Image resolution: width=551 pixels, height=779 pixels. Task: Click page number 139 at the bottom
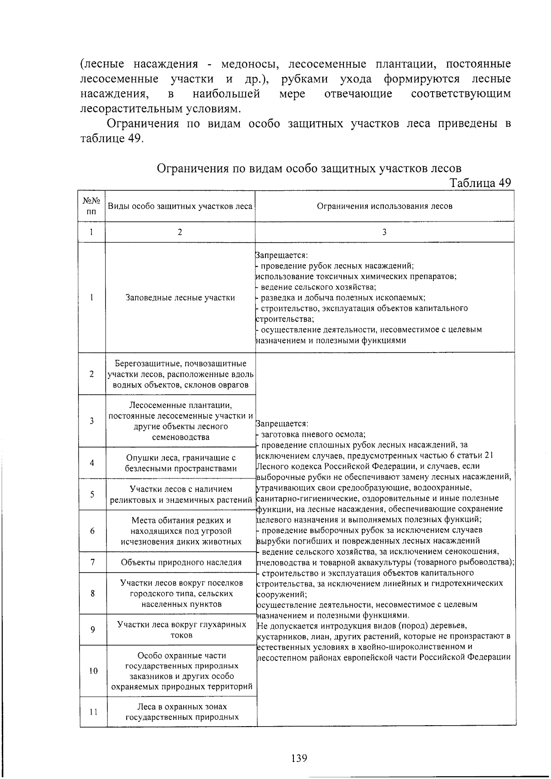tap(299, 757)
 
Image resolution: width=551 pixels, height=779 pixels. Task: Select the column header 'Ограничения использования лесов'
tap(384, 206)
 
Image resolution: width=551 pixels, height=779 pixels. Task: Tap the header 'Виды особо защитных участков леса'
tap(180, 206)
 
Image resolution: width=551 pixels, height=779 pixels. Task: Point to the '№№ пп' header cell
tap(92, 206)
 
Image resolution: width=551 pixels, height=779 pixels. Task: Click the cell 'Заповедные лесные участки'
tap(180, 297)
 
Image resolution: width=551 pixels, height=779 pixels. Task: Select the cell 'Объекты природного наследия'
tap(181, 562)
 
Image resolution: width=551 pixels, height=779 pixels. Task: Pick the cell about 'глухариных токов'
tap(181, 630)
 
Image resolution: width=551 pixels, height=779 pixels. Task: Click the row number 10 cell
tap(93, 671)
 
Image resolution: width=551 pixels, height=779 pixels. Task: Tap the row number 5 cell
tap(92, 494)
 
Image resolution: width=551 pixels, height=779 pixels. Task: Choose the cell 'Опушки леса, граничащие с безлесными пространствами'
tap(181, 463)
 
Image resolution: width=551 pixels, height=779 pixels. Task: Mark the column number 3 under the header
tap(384, 232)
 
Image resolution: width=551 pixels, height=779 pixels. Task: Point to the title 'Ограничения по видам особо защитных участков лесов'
tap(309, 168)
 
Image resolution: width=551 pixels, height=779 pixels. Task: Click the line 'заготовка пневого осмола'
tap(313, 434)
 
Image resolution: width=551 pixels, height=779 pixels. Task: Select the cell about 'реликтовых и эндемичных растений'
tap(181, 494)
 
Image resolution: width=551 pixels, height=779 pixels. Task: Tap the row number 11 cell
tap(93, 712)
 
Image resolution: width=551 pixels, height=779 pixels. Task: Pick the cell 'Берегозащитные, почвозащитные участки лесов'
tap(180, 374)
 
